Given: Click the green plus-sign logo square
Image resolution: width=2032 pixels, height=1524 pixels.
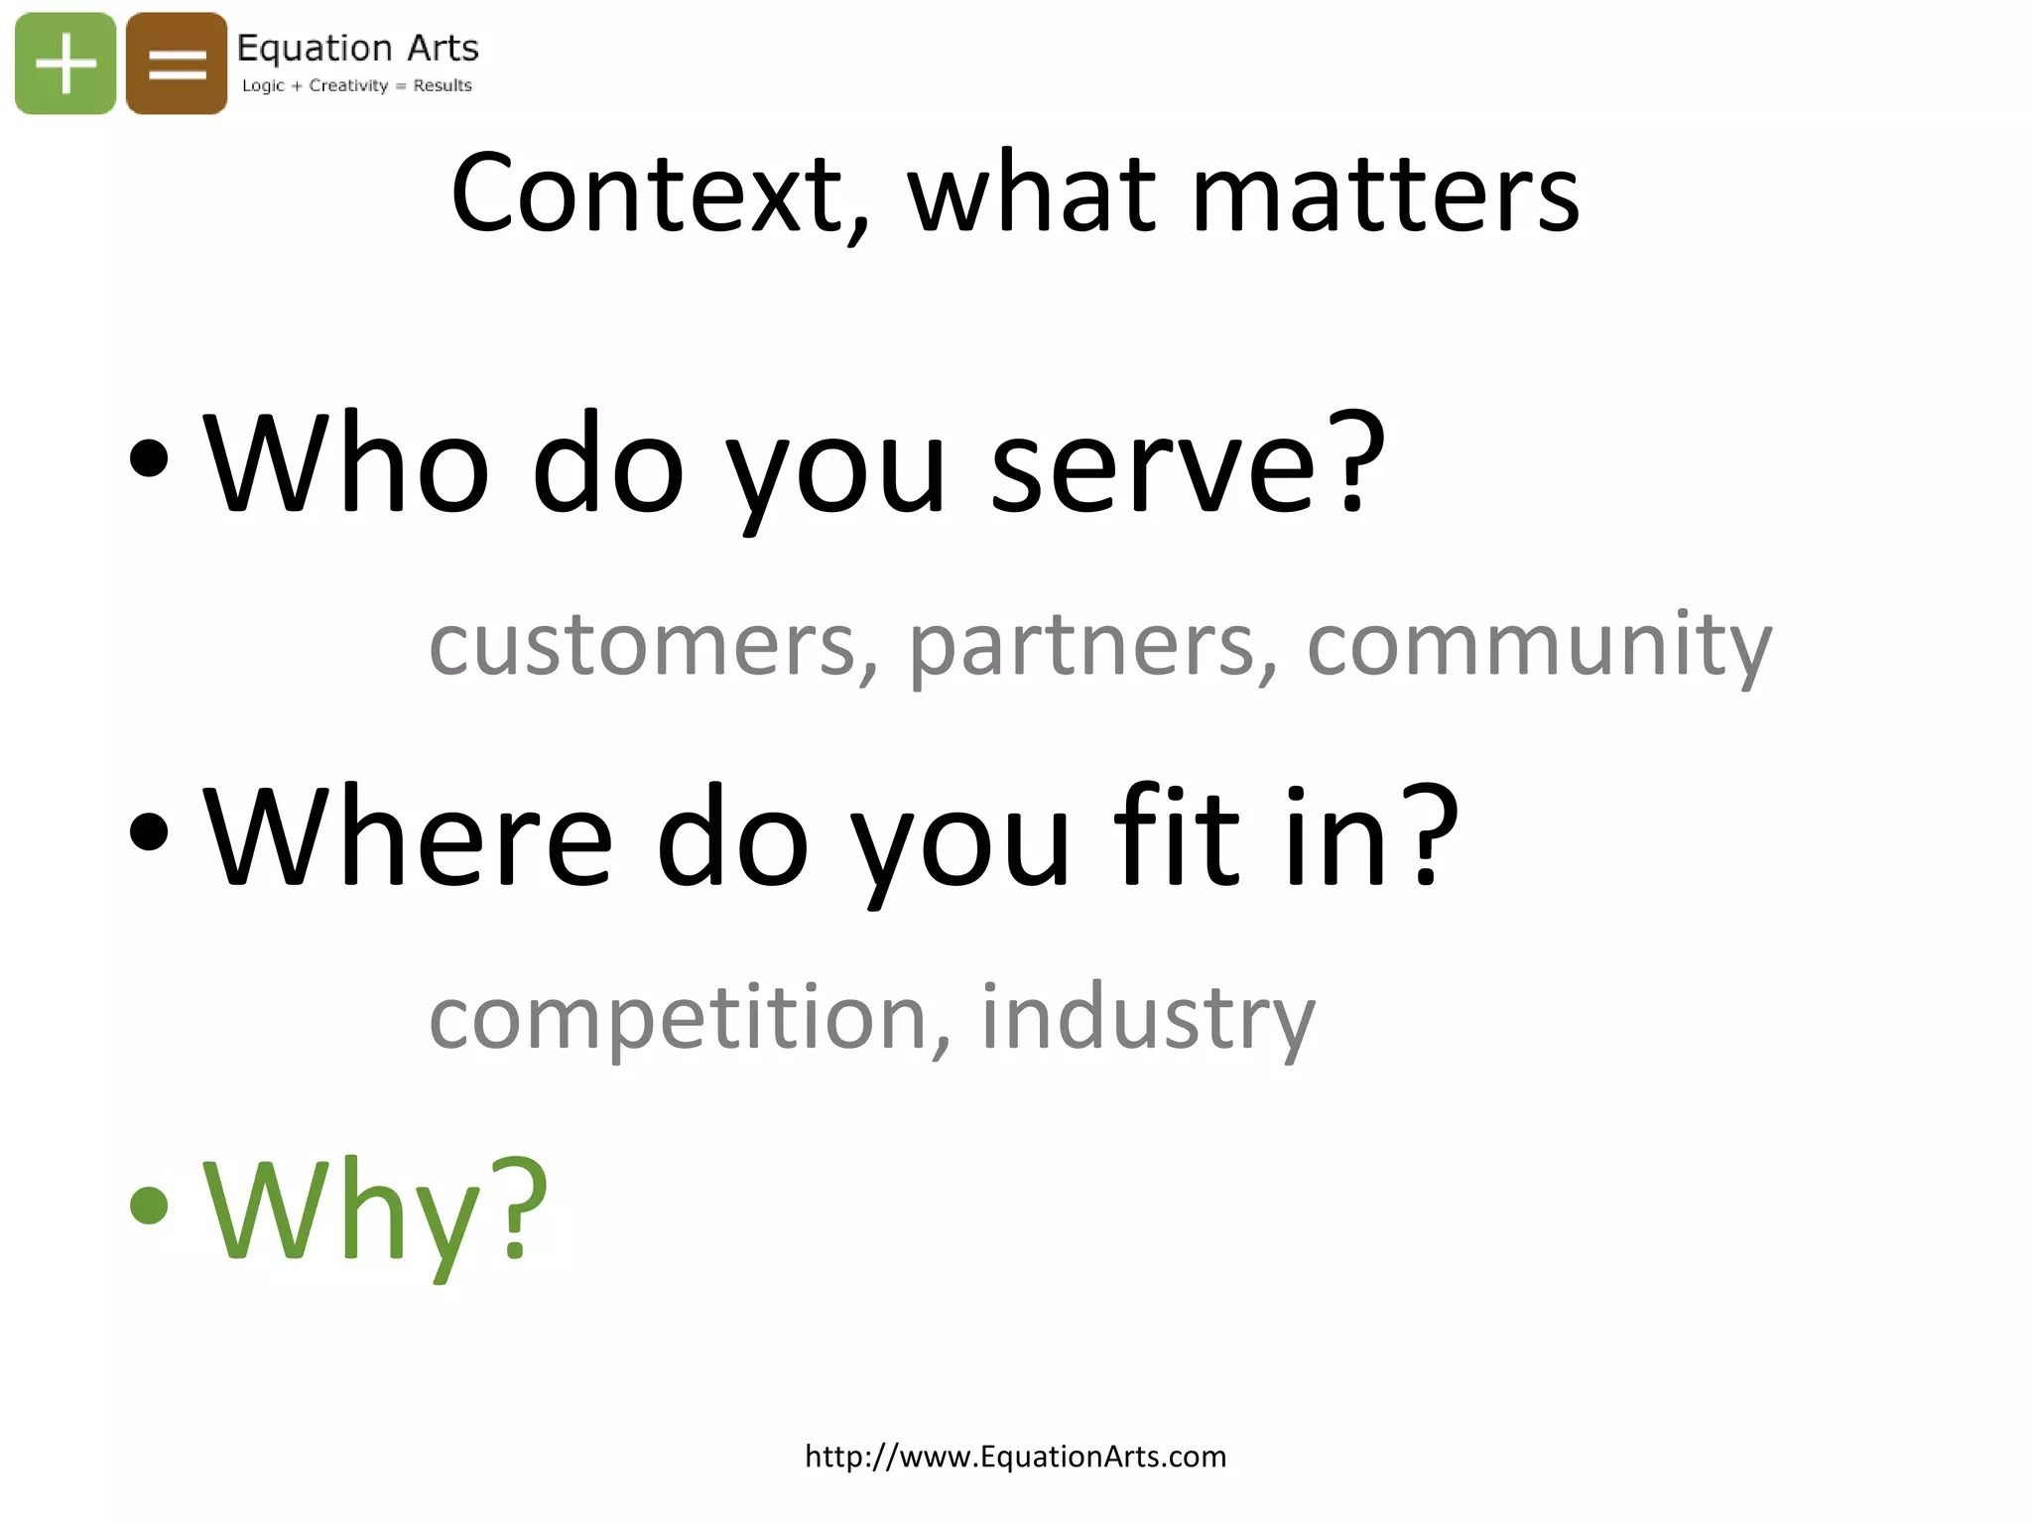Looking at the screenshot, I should (x=65, y=63).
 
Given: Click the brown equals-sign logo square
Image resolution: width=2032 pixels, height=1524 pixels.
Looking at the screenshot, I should (x=177, y=63).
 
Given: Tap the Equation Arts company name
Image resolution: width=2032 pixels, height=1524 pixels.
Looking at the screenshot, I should (x=357, y=48).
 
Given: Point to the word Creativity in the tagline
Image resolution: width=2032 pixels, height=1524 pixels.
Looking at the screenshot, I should (x=348, y=85).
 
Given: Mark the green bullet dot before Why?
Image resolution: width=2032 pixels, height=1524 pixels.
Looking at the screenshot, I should (x=149, y=1205).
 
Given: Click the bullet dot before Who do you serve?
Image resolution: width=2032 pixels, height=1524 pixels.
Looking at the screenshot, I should (x=149, y=457).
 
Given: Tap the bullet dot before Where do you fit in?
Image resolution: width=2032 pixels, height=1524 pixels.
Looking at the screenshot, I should (x=149, y=830).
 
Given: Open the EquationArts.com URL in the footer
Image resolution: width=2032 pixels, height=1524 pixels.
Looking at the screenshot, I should (x=1015, y=1457).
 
